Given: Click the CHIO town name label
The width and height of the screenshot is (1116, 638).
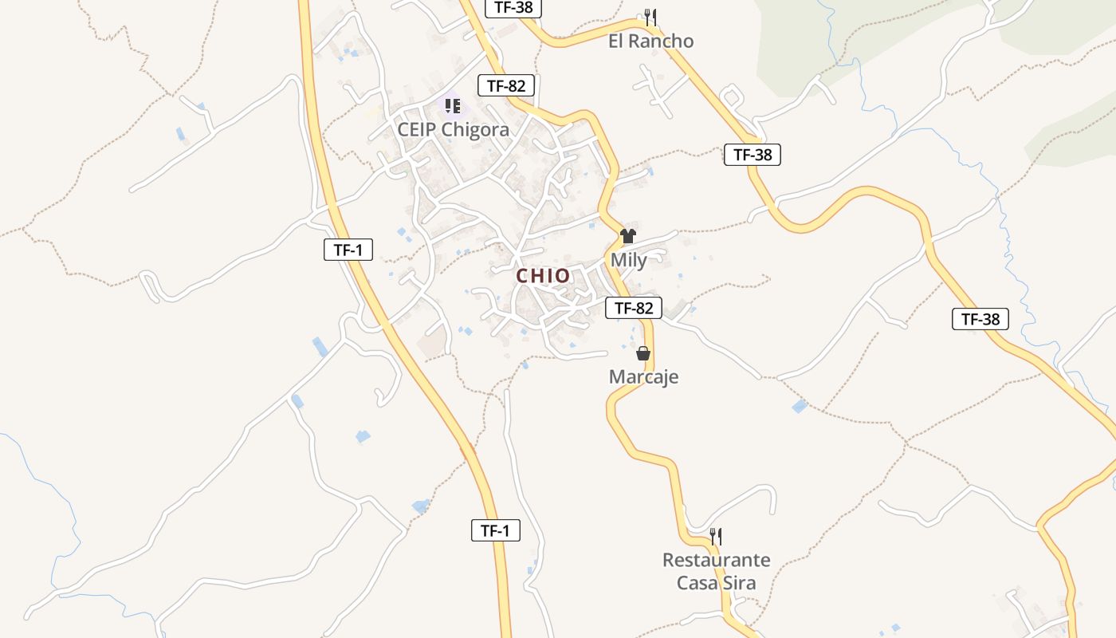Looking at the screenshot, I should (x=543, y=276).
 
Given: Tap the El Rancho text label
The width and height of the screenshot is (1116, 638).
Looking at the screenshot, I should (x=650, y=41).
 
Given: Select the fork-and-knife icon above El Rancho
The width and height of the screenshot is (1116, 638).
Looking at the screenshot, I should (x=650, y=17).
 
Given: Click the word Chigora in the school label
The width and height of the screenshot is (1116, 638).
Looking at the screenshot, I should (x=475, y=130).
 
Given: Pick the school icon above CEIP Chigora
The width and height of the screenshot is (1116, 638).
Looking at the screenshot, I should (x=453, y=106).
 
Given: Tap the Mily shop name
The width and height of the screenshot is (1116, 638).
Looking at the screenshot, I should (x=628, y=260).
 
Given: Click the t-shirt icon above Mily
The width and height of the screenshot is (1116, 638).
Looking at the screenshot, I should (x=628, y=236).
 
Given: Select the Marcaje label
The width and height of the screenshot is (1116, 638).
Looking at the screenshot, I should (x=643, y=377).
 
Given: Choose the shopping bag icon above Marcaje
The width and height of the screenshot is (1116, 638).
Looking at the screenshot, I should (x=643, y=353).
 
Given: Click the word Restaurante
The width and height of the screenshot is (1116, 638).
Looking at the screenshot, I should (x=716, y=560).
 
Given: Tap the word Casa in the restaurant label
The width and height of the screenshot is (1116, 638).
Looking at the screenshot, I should (x=696, y=583).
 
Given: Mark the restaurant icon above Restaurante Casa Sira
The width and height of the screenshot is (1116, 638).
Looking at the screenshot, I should (x=716, y=536).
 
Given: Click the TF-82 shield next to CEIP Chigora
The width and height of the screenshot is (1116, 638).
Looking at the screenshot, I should (x=506, y=86).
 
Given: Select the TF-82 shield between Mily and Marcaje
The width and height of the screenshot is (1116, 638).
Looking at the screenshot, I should (x=634, y=308).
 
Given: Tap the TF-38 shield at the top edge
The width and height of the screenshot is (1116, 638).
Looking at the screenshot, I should (x=514, y=8).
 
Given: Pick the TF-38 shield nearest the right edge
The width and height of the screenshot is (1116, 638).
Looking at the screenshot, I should (x=980, y=319).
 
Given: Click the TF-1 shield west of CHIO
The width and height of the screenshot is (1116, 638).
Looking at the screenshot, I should (x=348, y=250).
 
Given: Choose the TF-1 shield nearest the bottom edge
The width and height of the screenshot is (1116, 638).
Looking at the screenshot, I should (x=495, y=530).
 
